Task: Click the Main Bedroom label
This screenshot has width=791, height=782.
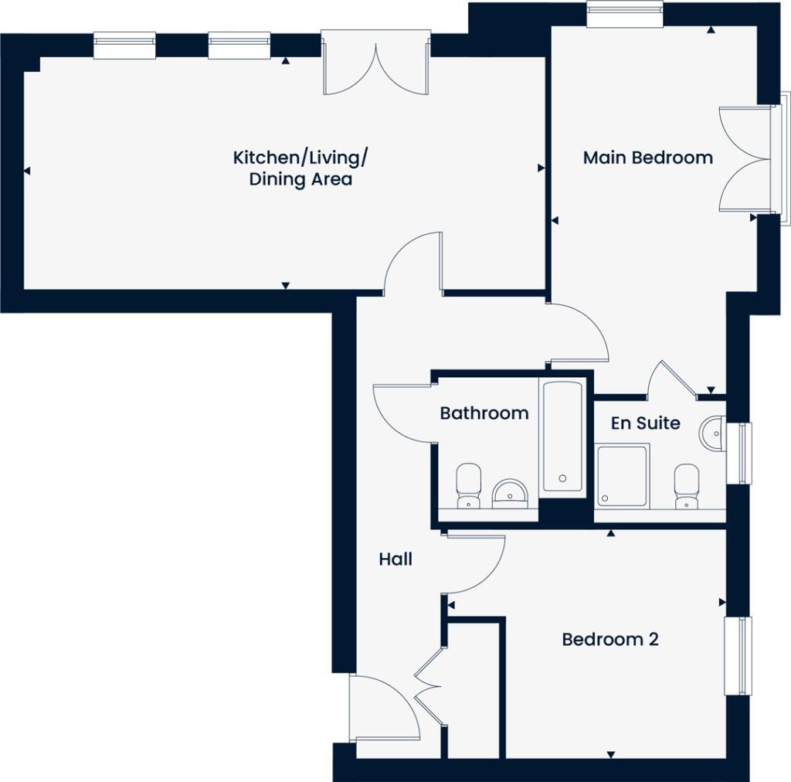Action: [x=647, y=158]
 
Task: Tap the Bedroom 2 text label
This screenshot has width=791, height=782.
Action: [x=609, y=640]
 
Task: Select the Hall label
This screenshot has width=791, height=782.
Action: [x=395, y=559]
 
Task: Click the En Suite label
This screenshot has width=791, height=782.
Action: [x=645, y=423]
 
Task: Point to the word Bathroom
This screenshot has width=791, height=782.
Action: [x=484, y=413]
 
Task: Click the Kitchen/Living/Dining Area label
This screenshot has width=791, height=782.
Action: [x=300, y=168]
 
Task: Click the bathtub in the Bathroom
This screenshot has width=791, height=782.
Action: [x=562, y=437]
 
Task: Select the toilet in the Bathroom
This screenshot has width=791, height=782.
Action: [x=468, y=485]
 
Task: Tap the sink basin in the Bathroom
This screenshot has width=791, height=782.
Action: [x=510, y=491]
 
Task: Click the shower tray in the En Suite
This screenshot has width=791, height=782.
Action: [x=622, y=475]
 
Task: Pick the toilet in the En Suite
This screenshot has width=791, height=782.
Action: [x=685, y=485]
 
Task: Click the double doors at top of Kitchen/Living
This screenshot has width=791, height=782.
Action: [x=375, y=64]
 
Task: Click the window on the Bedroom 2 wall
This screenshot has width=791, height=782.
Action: [x=738, y=655]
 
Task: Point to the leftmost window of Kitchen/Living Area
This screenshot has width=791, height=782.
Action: [x=124, y=45]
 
